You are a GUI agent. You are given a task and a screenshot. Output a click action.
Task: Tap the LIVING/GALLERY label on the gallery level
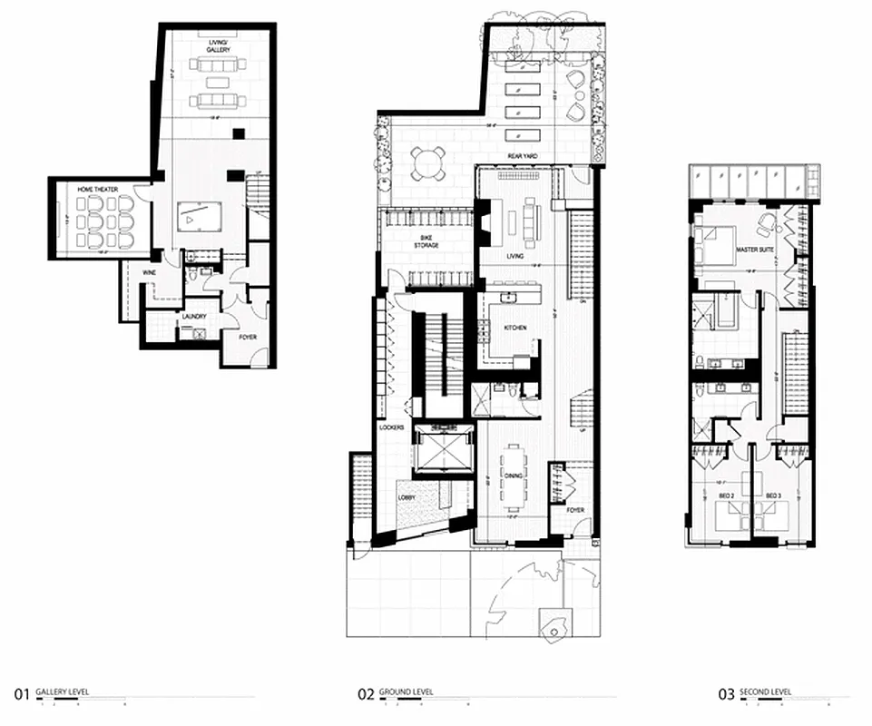(216, 46)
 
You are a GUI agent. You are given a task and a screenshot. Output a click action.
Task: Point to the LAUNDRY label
(194, 317)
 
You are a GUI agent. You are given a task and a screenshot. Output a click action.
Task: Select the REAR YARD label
(524, 157)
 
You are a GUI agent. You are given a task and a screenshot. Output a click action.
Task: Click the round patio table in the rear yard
(427, 162)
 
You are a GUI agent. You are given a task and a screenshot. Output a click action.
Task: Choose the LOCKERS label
(391, 427)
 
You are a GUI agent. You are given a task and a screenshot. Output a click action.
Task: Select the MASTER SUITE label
(754, 248)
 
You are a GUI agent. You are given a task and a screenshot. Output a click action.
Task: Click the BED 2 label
(726, 495)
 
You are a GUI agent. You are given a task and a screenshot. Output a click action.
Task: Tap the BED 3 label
(773, 495)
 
